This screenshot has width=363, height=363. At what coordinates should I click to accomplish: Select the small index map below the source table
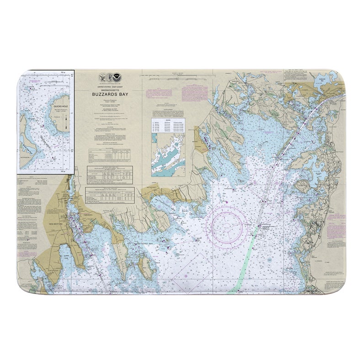point(168,159)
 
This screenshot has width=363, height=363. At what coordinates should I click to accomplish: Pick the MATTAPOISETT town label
point(151,187)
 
